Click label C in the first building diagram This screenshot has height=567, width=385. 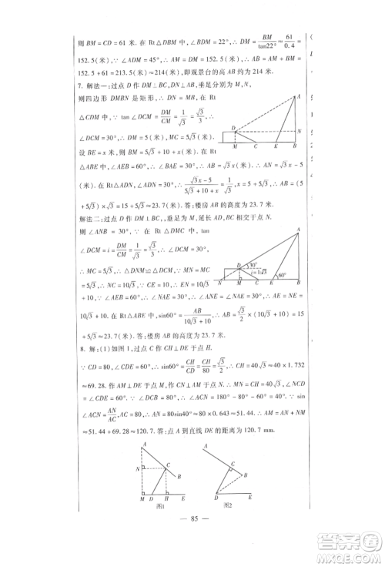[258, 146]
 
